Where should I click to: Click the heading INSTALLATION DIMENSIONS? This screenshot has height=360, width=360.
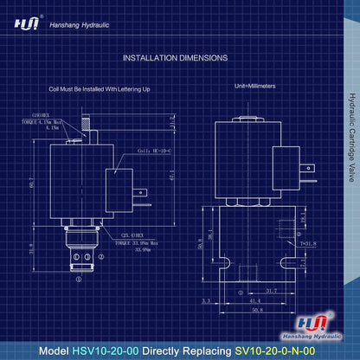[x=176, y=58]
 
